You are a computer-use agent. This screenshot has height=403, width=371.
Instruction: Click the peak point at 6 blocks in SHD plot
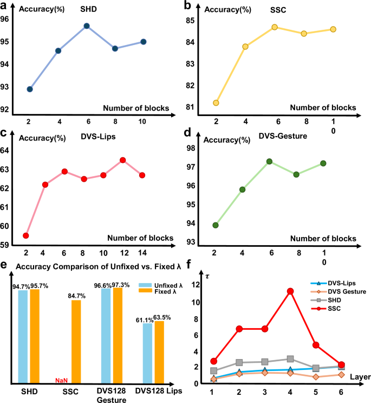(x=86, y=25)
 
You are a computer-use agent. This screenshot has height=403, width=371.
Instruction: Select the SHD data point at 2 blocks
(x=30, y=89)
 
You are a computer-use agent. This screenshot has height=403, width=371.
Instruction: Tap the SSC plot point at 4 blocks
(x=245, y=47)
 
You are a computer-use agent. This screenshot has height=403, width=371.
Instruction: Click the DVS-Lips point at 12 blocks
(x=122, y=160)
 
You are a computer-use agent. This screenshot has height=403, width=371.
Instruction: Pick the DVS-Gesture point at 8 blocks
(x=311, y=174)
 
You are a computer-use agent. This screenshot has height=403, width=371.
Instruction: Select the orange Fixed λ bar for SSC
(x=76, y=334)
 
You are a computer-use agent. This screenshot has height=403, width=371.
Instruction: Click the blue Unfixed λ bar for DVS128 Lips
(x=148, y=353)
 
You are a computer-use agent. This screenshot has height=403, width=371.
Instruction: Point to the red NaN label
(x=61, y=380)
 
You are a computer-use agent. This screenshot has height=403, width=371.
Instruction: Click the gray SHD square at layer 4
(x=290, y=359)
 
